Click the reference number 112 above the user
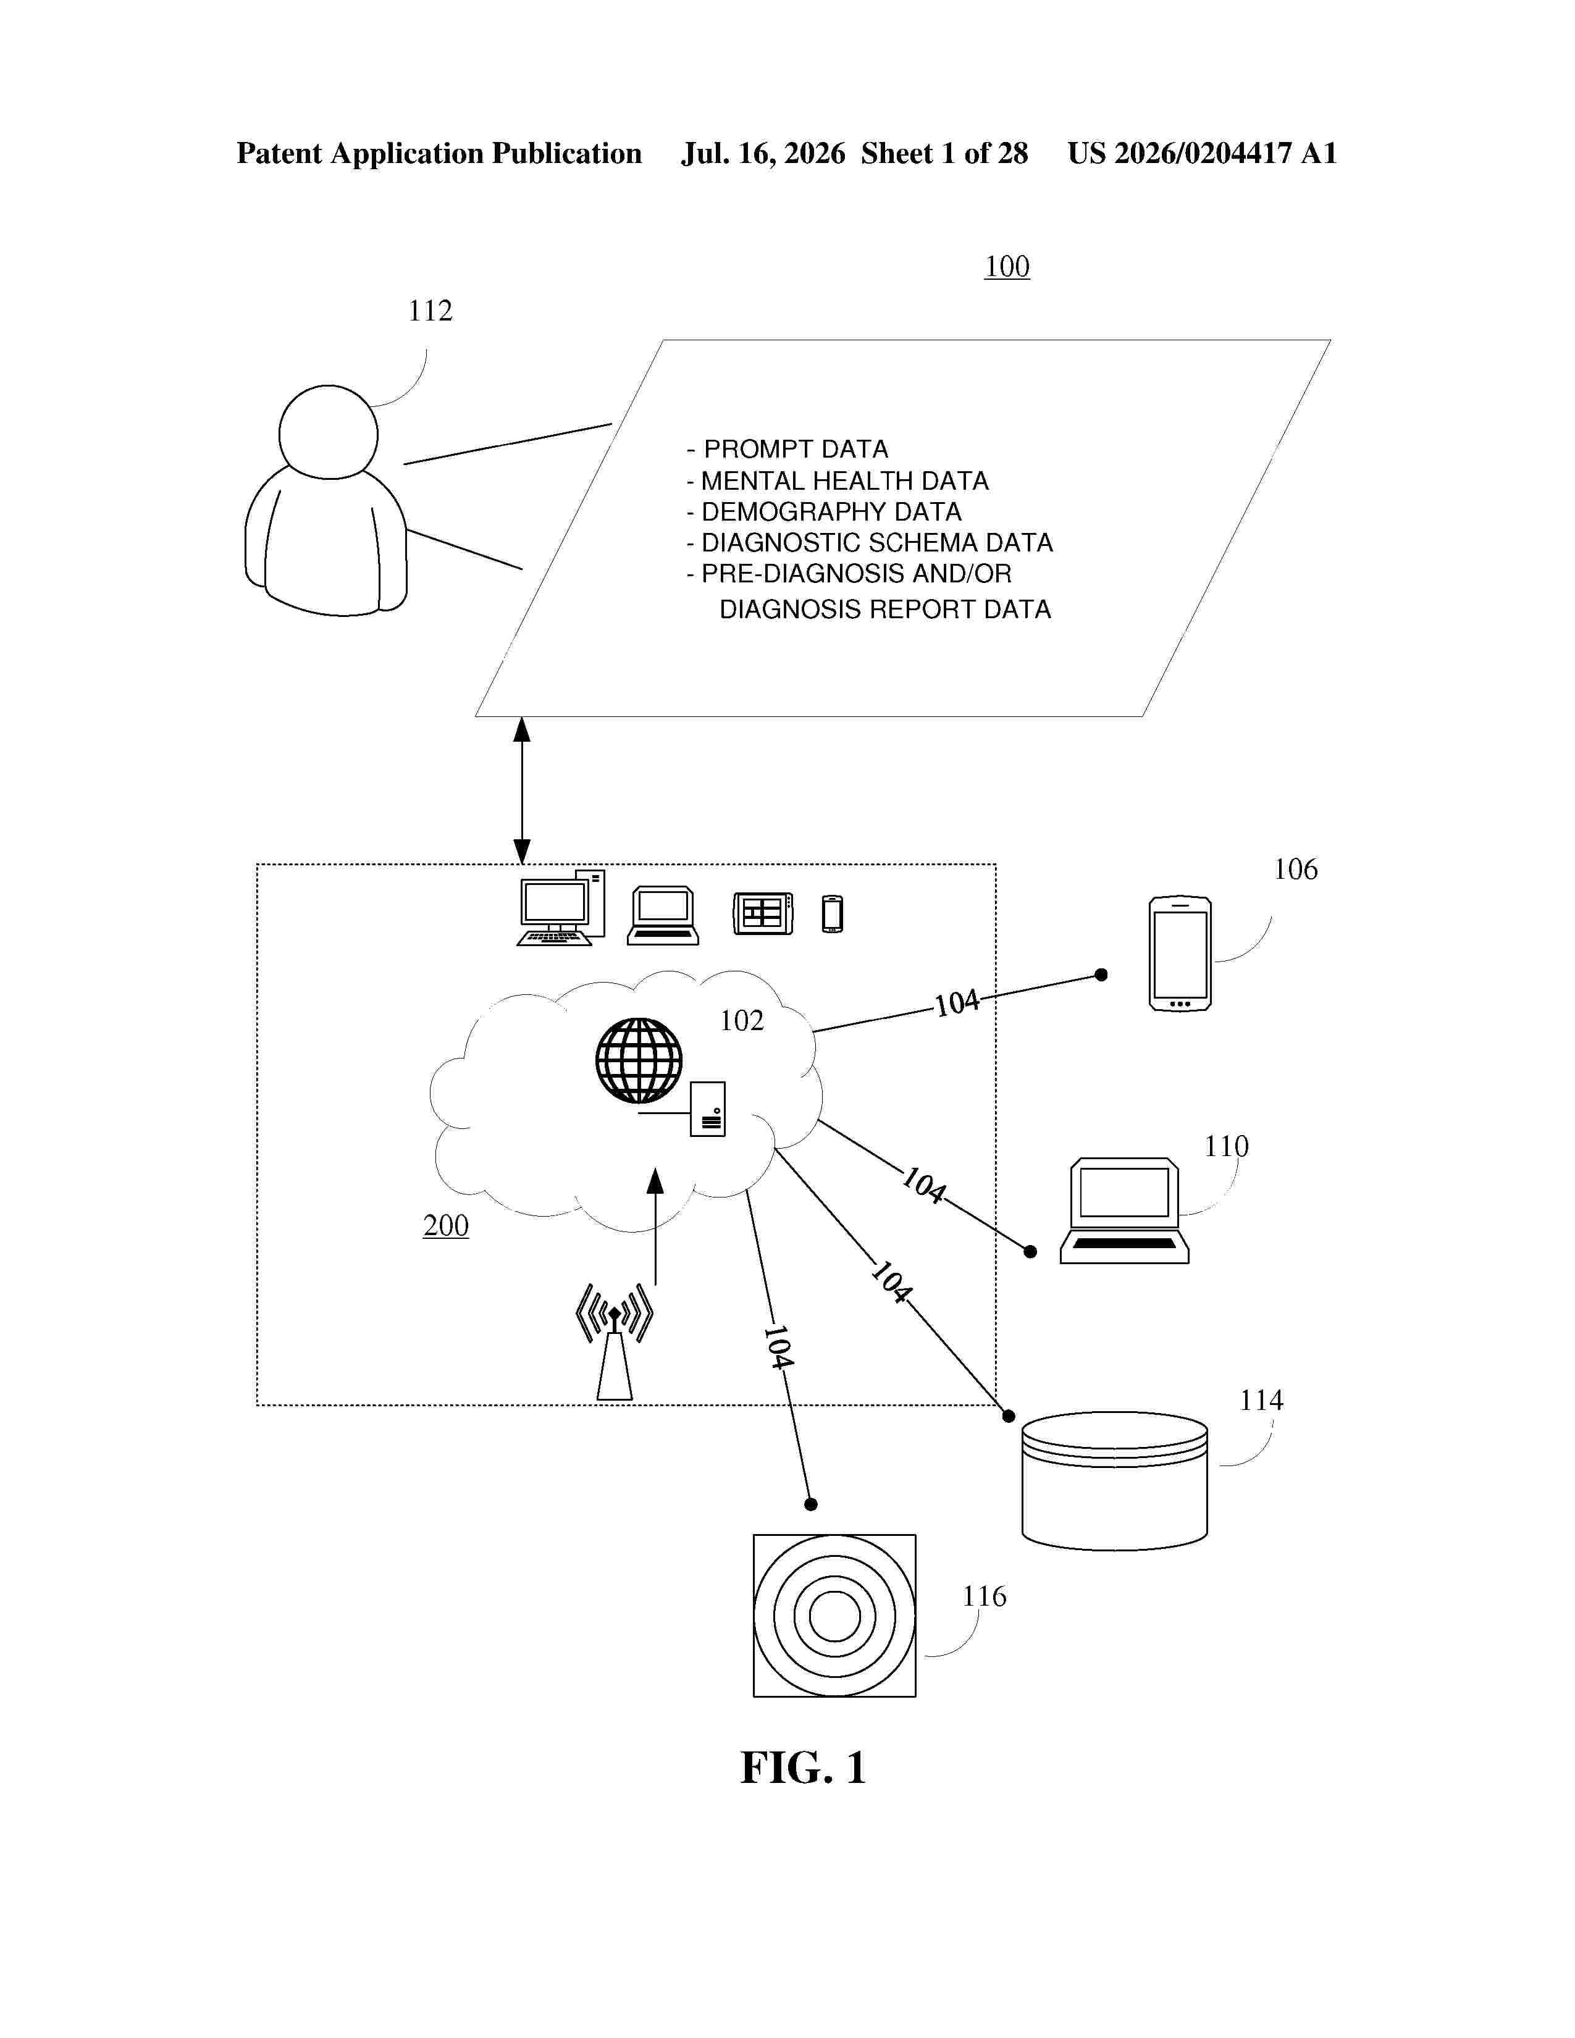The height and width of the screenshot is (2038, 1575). click(x=430, y=311)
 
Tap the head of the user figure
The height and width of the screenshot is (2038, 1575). click(x=329, y=432)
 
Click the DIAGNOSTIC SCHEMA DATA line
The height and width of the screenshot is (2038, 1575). click(x=870, y=542)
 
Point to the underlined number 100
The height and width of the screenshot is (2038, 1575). click(x=1007, y=267)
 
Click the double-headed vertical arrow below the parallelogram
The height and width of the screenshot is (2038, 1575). click(x=521, y=790)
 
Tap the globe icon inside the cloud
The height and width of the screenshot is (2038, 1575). click(x=639, y=1060)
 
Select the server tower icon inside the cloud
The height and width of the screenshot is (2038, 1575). click(x=707, y=1109)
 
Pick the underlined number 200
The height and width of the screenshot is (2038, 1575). click(x=446, y=1225)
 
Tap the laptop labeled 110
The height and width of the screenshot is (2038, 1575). click(x=1124, y=1211)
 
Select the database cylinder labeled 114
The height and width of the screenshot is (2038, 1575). click(x=1115, y=1481)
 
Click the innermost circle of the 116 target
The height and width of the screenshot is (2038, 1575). click(x=834, y=1616)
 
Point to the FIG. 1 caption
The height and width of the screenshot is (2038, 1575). click(x=804, y=1768)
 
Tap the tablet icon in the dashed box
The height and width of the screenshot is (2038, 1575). click(x=763, y=913)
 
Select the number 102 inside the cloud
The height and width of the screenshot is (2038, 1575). click(x=742, y=1021)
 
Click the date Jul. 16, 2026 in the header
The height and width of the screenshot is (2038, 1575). click(x=763, y=154)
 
